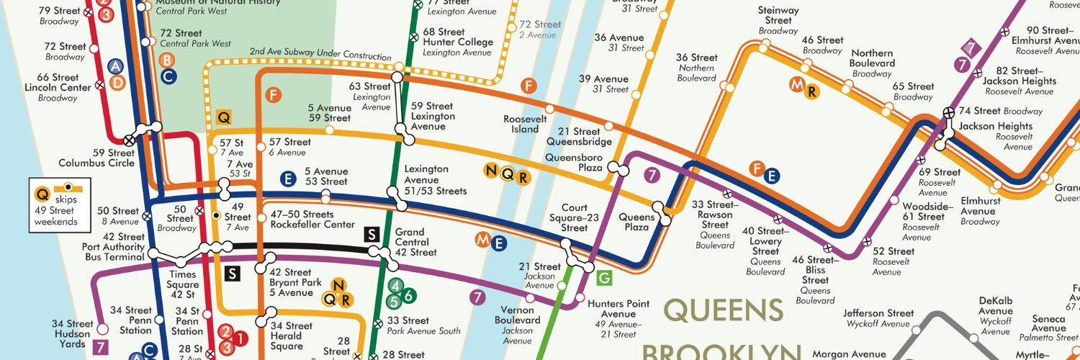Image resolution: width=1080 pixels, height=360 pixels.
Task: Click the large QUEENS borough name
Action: coord(723,310)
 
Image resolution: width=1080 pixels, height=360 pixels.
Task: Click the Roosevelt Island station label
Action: coord(521,124)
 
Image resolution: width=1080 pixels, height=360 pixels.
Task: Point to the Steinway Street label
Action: coord(778,20)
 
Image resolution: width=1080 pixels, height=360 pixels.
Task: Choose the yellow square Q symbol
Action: coord(223,117)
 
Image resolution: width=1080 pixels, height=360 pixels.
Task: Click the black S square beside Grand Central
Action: coord(372,234)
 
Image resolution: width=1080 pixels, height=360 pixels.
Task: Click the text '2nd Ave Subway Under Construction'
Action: coord(320,57)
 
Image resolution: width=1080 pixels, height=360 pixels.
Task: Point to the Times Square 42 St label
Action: coord(182,284)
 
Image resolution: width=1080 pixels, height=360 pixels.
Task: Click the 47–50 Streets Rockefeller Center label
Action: coord(302,220)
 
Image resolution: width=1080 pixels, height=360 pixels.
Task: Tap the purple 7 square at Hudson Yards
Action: coord(101,347)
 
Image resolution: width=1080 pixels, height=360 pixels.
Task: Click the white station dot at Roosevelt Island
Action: coord(549,109)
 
